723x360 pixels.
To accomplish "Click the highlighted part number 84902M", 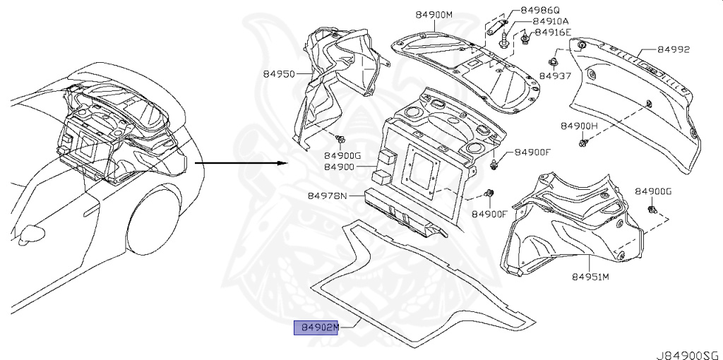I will click(316, 328).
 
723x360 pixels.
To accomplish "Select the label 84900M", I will click(432, 15).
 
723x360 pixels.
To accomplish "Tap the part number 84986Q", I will click(539, 11).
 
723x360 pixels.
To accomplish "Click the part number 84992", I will click(673, 49).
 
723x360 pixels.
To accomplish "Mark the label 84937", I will click(556, 75).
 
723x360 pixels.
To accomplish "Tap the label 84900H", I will click(579, 125).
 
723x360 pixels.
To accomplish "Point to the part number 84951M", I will click(590, 277).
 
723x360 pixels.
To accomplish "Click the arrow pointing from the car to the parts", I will click(241, 163).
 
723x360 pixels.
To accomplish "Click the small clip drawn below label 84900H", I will click(582, 143).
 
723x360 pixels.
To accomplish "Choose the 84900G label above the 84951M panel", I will click(652, 191).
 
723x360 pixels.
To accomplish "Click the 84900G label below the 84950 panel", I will click(342, 155).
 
